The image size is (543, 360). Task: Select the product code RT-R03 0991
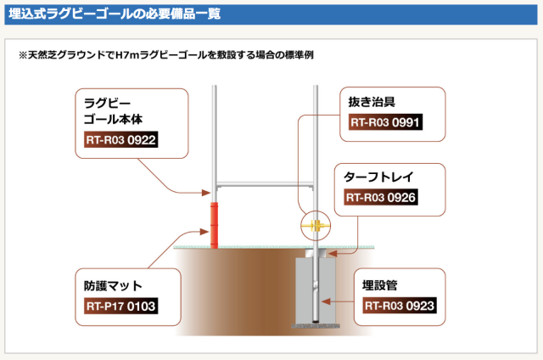tap(385, 122)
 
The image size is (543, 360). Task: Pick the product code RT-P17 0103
tap(120, 306)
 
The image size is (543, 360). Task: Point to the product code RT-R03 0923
tap(400, 306)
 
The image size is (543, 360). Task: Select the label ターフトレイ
tap(382, 178)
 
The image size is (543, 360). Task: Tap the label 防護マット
tap(114, 285)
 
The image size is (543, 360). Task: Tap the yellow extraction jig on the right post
tap(313, 227)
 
